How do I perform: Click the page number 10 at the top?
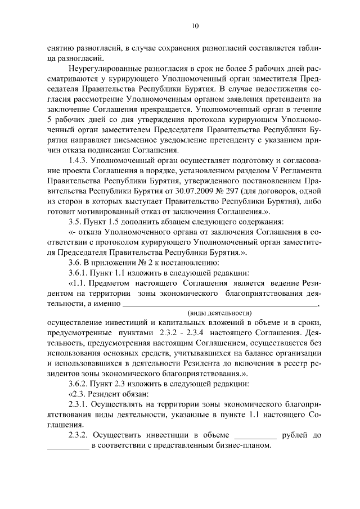[x=195, y=26]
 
